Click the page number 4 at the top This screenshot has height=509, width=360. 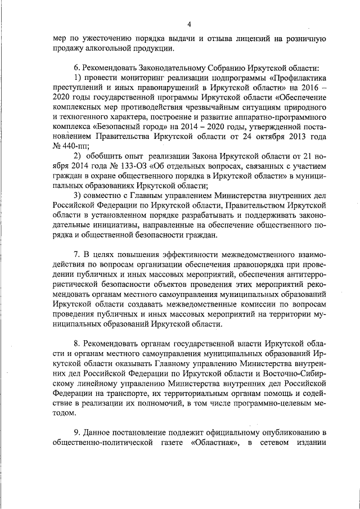[189, 23]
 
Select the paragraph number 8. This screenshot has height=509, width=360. [78, 343]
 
